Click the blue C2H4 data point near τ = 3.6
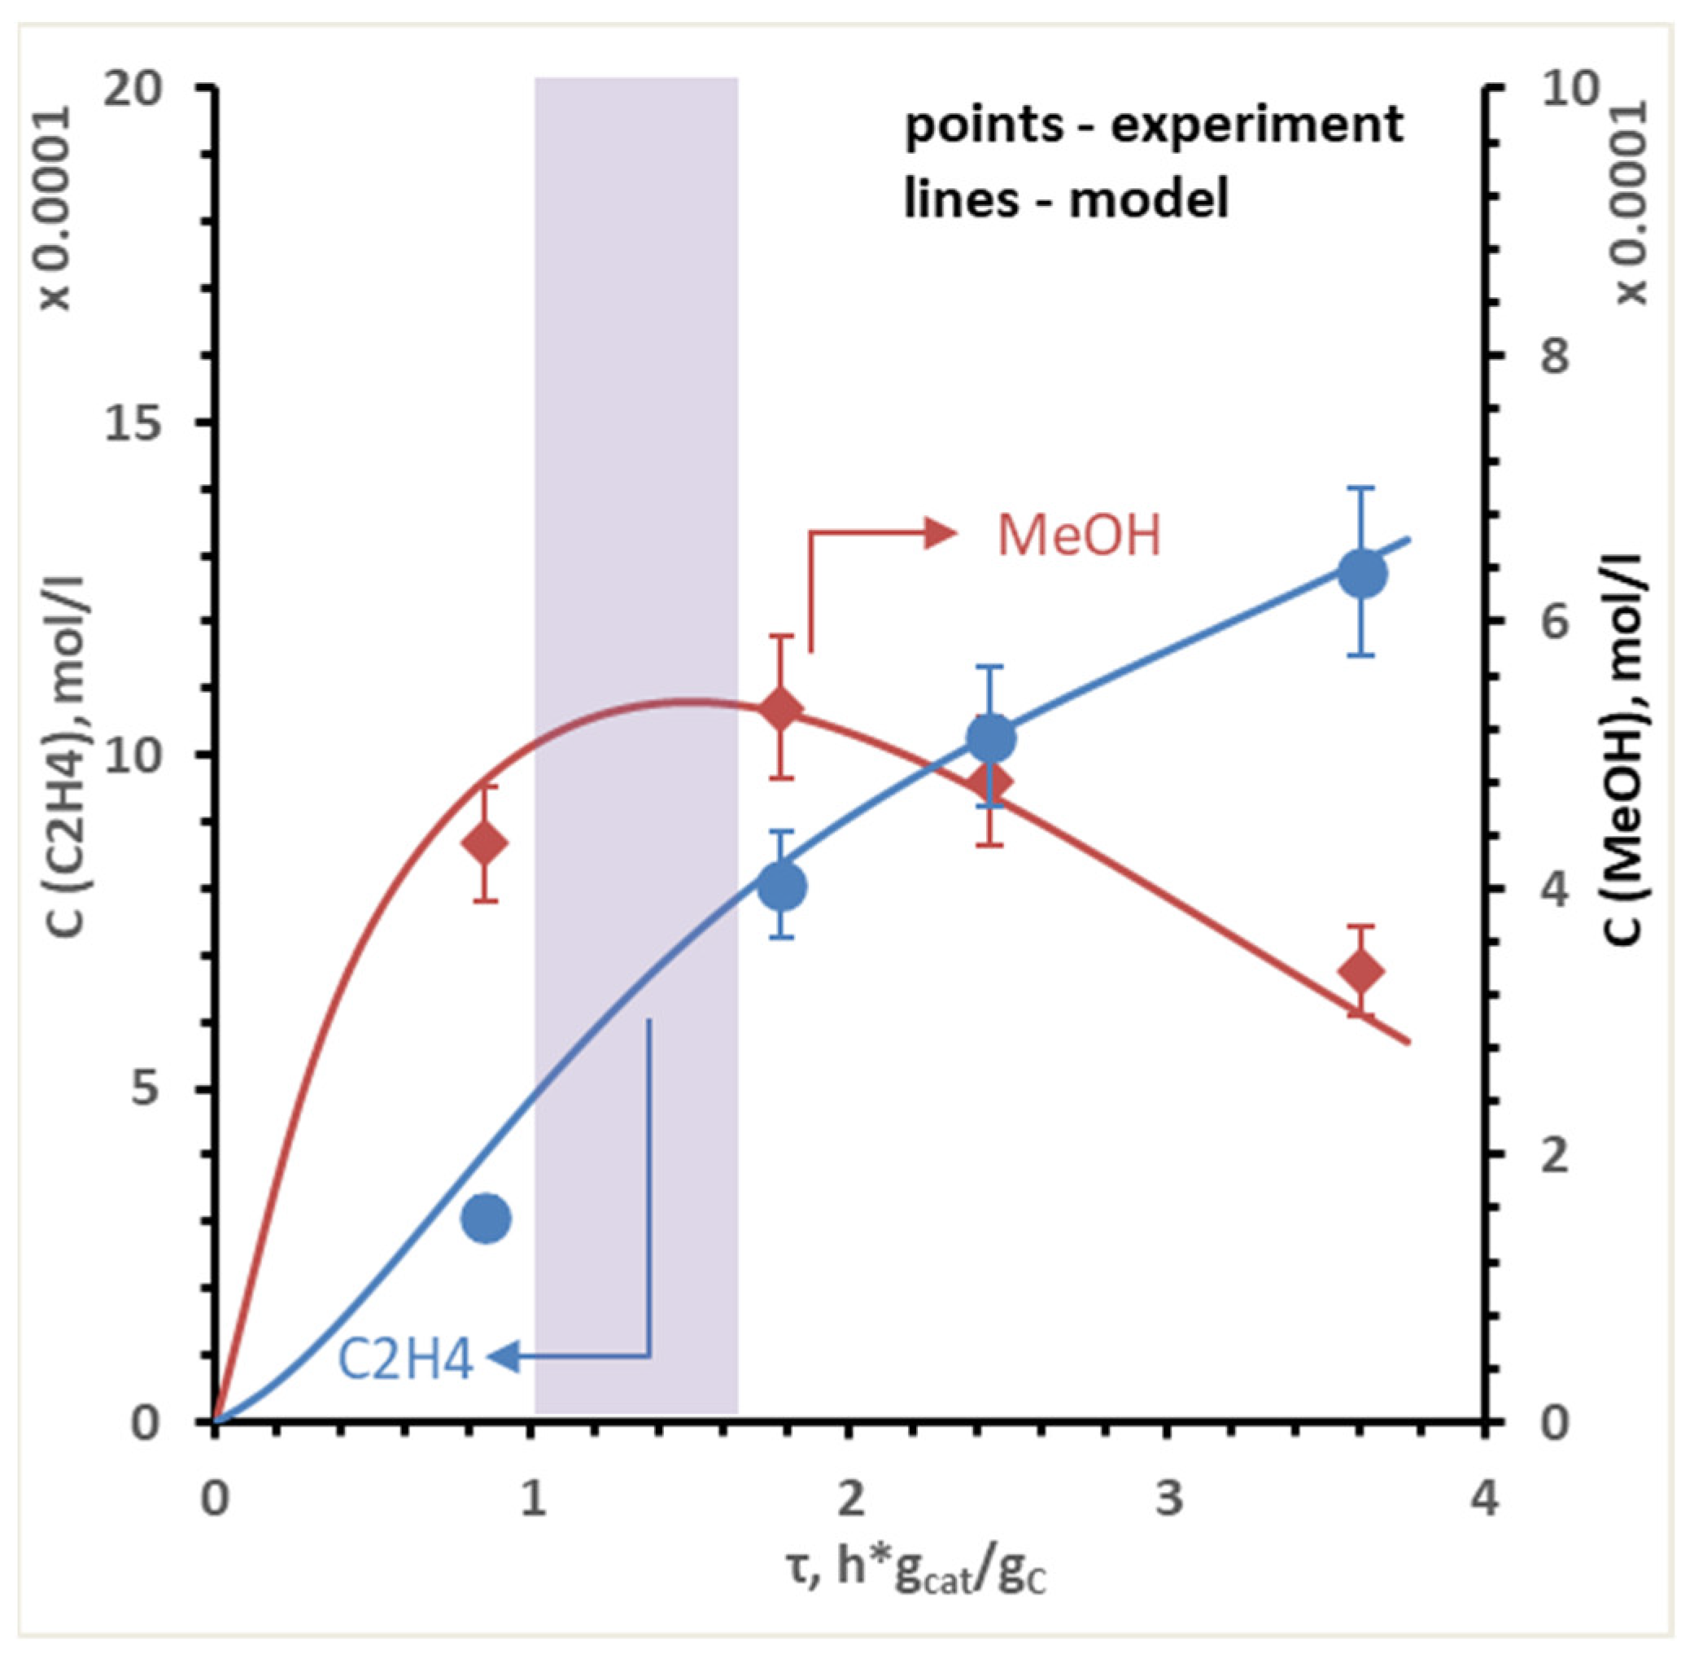tap(1363, 574)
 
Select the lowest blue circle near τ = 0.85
tap(487, 1219)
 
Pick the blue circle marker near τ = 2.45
tap(992, 739)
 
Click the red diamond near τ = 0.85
tap(485, 844)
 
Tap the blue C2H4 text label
tap(405, 1360)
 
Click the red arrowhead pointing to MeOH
tap(941, 533)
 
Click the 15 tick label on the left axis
tap(133, 422)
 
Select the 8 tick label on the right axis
tap(1555, 356)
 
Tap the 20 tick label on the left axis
tap(133, 88)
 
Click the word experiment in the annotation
tap(1257, 124)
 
